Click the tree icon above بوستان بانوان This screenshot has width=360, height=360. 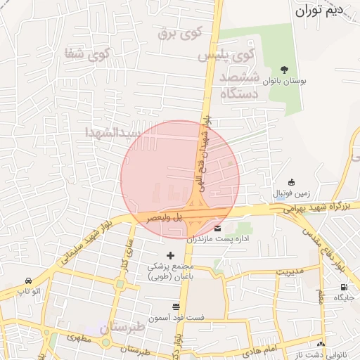tap(284, 70)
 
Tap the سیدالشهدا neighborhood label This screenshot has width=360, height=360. tap(112, 131)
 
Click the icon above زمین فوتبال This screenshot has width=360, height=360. tap(292, 182)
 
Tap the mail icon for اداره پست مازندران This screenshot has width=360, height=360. tap(217, 229)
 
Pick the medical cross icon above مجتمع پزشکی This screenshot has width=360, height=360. tap(169, 255)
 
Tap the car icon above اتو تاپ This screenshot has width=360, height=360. tap(28, 280)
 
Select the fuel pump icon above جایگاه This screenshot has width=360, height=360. tap(344, 287)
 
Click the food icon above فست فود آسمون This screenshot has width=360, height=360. tap(175, 307)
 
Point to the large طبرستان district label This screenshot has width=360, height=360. tap(121, 328)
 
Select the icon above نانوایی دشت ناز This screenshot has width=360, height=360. tap(321, 344)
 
